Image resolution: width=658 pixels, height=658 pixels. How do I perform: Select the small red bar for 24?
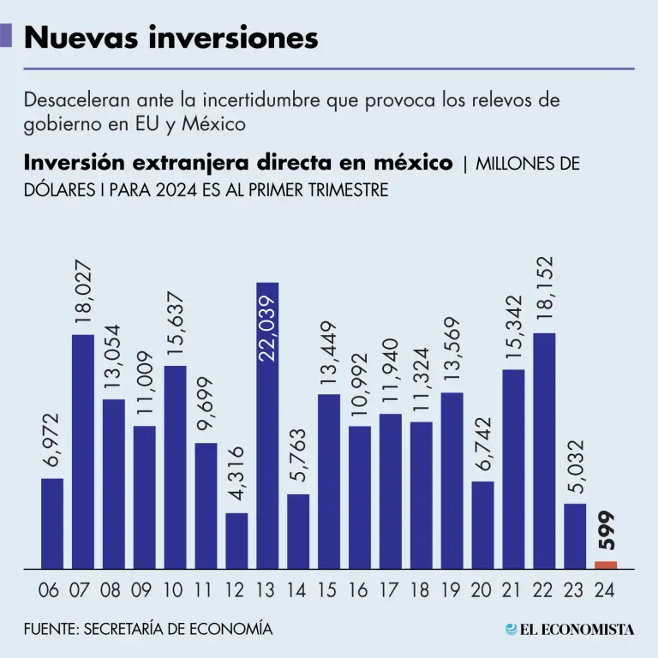coord(606,565)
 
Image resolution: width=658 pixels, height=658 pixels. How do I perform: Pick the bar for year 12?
coord(237,541)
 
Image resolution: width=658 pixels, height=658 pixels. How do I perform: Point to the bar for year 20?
coord(483,524)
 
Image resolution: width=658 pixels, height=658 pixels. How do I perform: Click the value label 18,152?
coord(544,288)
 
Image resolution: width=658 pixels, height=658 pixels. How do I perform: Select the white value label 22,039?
coord(267,328)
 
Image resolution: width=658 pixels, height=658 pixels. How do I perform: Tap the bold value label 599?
coord(606,531)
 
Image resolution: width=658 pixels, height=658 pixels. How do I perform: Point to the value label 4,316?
coord(237,475)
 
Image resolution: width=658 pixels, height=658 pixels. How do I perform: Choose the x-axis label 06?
coord(50,590)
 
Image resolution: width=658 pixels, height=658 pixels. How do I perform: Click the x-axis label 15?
coord(328,590)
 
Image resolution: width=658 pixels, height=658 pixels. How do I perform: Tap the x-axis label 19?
coord(452,590)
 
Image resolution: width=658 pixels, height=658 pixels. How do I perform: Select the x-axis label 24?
coord(605,590)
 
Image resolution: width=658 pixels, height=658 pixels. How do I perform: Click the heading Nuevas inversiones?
coord(171,37)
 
